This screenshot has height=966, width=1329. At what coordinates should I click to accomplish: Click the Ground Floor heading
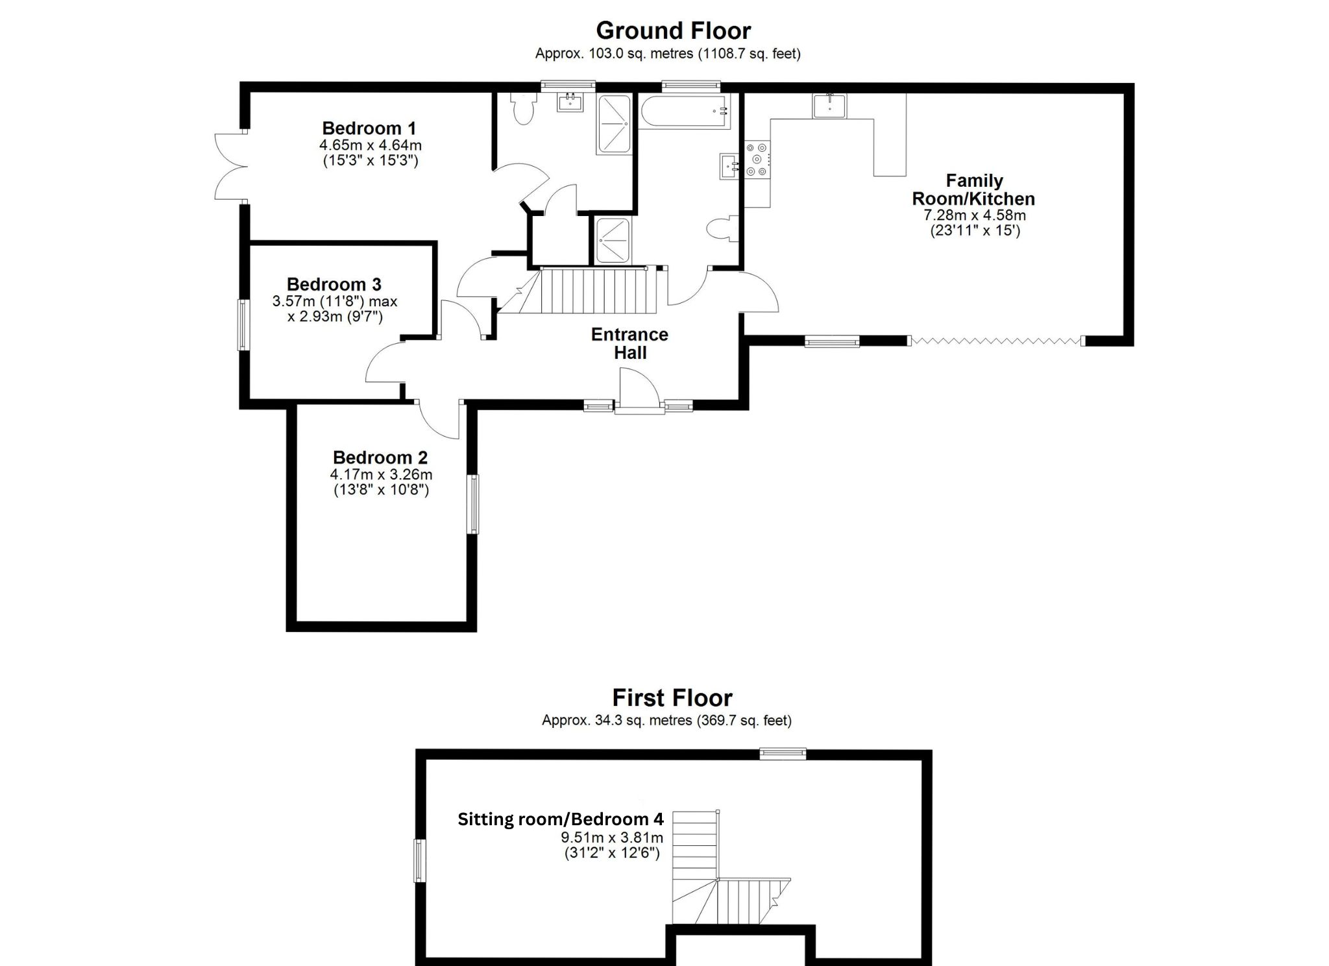click(673, 30)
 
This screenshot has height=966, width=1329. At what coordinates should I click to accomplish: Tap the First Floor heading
click(672, 697)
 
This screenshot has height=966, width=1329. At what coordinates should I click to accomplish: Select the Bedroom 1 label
click(369, 128)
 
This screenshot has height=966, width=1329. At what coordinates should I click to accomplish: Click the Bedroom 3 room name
click(334, 284)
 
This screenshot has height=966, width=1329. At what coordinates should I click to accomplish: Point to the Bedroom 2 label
click(380, 457)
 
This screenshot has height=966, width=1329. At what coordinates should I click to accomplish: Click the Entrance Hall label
click(629, 343)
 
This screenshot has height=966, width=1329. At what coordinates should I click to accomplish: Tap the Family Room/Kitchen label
click(973, 189)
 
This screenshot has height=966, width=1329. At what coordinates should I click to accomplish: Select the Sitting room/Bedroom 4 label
click(560, 819)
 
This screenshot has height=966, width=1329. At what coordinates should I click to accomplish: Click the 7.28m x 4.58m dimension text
click(974, 215)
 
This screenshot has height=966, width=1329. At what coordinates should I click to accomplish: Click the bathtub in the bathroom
click(685, 111)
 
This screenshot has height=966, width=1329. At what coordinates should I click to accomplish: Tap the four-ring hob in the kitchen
click(757, 159)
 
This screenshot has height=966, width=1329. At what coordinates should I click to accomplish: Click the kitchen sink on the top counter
click(829, 106)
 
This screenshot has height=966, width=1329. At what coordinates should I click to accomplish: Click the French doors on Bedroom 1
click(231, 167)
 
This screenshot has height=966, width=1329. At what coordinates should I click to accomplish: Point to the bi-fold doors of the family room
click(995, 341)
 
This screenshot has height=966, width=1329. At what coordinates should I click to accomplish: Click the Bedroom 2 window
click(474, 504)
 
